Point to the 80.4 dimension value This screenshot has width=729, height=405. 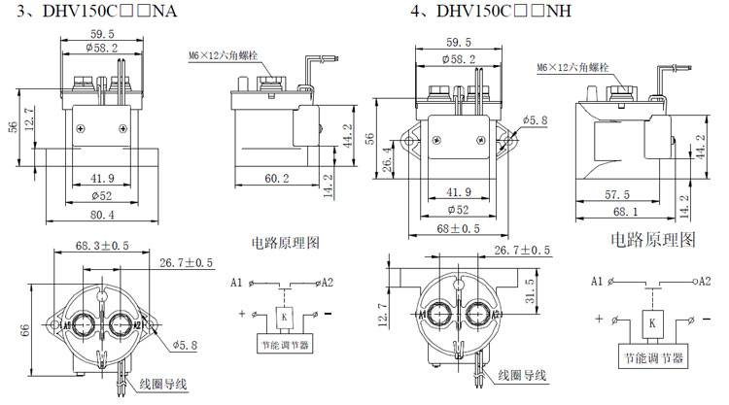pyautogui.click(x=102, y=215)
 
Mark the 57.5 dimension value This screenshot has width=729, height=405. pyautogui.click(x=623, y=194)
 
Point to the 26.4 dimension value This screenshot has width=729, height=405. pyautogui.click(x=385, y=156)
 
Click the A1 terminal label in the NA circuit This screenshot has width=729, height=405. pyautogui.click(x=236, y=284)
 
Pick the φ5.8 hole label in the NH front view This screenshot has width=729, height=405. pyautogui.click(x=536, y=120)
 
